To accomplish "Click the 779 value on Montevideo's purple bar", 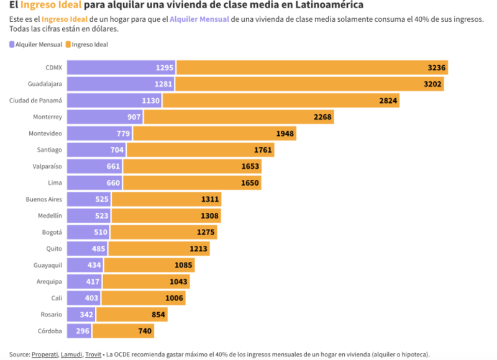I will [123, 133].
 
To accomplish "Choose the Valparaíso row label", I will [47, 166].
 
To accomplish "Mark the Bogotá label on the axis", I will [52, 232].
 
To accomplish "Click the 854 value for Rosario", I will [158, 315].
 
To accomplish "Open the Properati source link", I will [45, 354].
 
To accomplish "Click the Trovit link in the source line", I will [93, 354].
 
